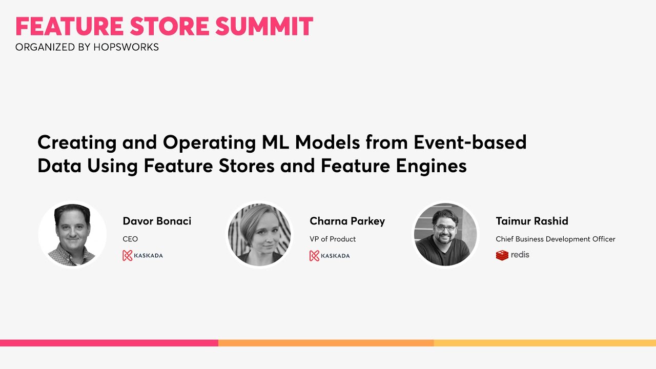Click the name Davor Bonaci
pos(157,221)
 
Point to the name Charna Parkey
pos(347,221)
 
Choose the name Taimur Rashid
pos(532,221)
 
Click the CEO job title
pos(130,239)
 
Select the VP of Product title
pos(333,239)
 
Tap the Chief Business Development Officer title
pos(556,239)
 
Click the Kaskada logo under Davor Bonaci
pos(142,255)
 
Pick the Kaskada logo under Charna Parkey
pos(330,255)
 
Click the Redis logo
pos(512,255)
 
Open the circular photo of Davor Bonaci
pos(72,234)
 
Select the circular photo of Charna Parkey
pos(259,234)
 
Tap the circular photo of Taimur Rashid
pos(445,234)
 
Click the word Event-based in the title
pos(470,142)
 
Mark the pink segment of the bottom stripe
pos(109,343)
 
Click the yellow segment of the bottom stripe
pos(544,343)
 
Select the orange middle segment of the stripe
pos(326,343)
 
